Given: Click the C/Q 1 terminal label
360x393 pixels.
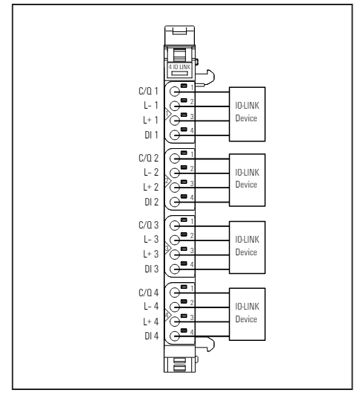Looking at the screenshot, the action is tap(148, 91).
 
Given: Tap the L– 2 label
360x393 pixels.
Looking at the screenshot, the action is tap(151, 172).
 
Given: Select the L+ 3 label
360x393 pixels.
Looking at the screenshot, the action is tap(151, 254).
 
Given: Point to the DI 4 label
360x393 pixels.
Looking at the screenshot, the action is tap(152, 336).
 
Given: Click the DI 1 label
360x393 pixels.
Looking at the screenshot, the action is tap(151, 135).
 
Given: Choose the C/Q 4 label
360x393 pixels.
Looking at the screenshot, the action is tap(149, 293).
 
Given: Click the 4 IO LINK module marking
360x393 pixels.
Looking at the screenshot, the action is tap(179, 67).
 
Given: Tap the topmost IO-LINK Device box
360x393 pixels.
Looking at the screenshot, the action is tap(247, 114).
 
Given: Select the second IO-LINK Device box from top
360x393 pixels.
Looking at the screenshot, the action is tap(247, 180).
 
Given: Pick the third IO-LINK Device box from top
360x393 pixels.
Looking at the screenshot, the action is tap(247, 247).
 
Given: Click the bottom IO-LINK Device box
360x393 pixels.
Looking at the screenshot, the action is tap(247, 314).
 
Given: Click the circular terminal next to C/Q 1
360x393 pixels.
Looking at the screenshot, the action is tap(175, 92).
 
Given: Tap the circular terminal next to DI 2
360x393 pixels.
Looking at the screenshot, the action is tap(175, 202).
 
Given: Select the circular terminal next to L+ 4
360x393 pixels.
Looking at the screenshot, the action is tap(175, 322).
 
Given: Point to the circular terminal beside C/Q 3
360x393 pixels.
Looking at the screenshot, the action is tap(175, 226).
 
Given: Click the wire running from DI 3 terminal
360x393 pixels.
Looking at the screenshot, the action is tap(202, 269).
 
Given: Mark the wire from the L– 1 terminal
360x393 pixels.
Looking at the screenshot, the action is tap(202, 106).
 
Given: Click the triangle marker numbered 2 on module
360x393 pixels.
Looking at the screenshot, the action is tap(167, 181).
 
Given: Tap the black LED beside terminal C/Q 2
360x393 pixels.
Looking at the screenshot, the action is tap(184, 153).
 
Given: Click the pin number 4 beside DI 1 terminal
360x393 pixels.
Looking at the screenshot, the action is tap(192, 130).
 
